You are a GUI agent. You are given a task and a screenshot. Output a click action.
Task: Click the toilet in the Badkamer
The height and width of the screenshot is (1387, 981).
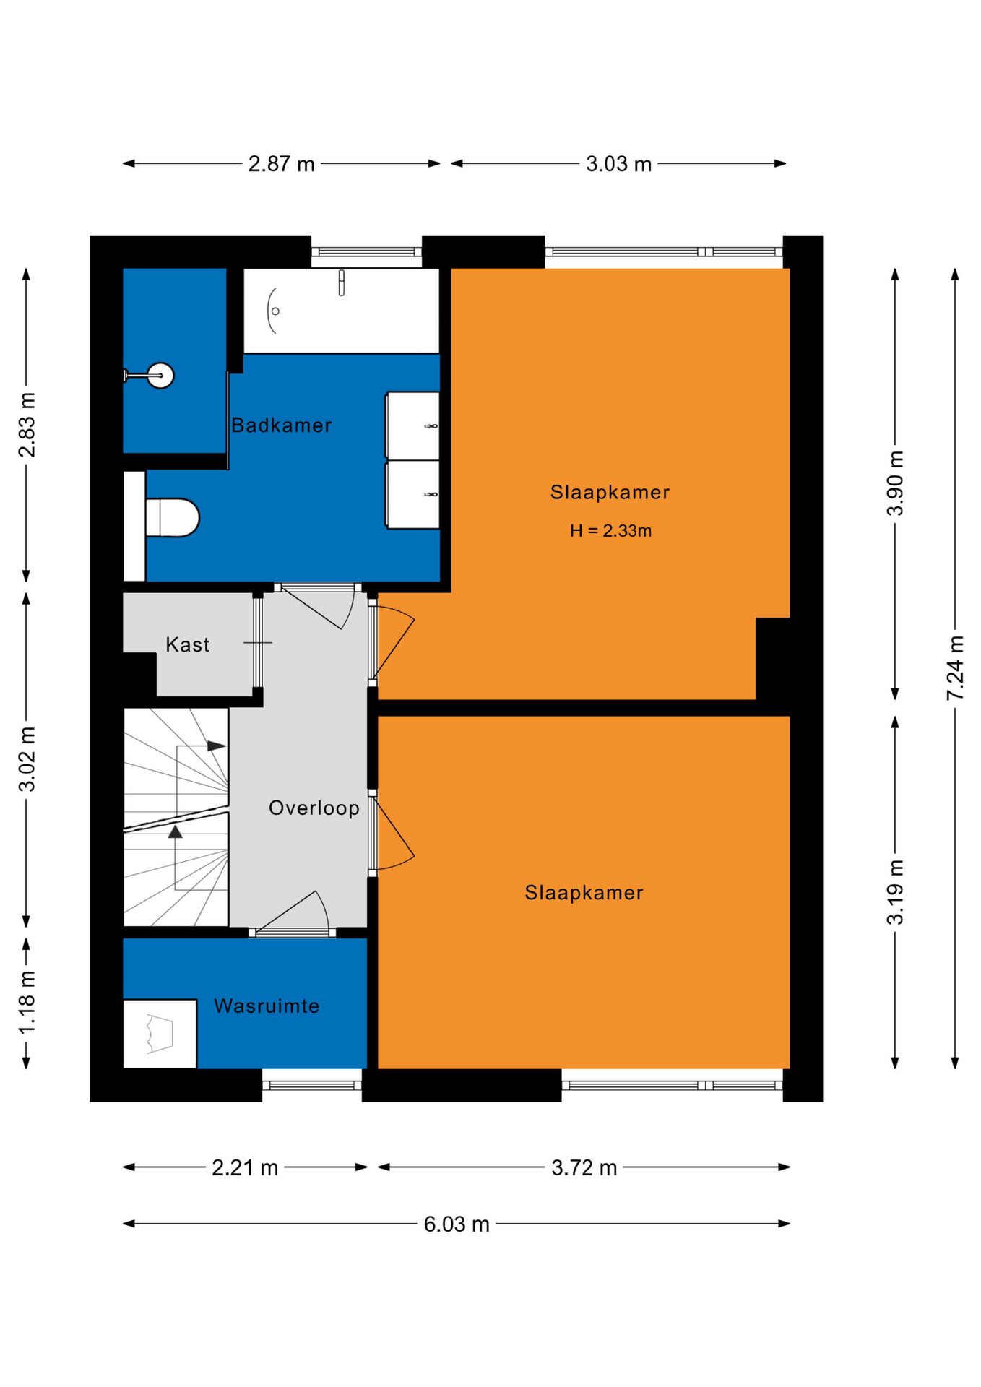pyautogui.click(x=172, y=517)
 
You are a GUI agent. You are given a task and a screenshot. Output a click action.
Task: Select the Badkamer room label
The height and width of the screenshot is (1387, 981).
pyautogui.click(x=281, y=425)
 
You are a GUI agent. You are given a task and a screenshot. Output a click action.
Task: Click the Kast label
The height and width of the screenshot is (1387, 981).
pyautogui.click(x=187, y=644)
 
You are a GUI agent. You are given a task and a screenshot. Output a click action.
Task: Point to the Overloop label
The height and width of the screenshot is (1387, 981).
pyautogui.click(x=314, y=808)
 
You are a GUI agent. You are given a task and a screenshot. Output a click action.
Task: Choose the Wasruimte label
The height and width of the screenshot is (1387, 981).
pyautogui.click(x=267, y=1006)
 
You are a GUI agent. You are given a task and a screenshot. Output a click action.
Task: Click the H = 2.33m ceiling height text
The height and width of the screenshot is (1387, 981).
pyautogui.click(x=610, y=531)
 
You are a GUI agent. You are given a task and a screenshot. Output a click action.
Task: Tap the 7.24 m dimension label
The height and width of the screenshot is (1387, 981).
pyautogui.click(x=955, y=667)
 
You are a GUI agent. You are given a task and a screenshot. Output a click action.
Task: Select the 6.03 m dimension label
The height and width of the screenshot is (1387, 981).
pyautogui.click(x=457, y=1224)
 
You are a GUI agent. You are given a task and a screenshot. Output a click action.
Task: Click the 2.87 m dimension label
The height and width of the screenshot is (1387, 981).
pyautogui.click(x=281, y=164)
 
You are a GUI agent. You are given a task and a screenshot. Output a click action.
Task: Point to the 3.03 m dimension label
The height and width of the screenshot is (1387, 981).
pyautogui.click(x=618, y=164)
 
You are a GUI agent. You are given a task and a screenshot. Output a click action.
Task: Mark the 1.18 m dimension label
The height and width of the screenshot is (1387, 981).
pyautogui.click(x=27, y=1003)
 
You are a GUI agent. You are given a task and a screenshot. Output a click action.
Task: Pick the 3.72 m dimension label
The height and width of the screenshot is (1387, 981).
pyautogui.click(x=584, y=1168)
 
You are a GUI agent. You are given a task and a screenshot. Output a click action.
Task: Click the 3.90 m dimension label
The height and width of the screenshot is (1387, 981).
pyautogui.click(x=895, y=483)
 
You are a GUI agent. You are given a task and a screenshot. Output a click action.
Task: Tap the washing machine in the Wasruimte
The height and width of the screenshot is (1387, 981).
pyautogui.click(x=160, y=1034)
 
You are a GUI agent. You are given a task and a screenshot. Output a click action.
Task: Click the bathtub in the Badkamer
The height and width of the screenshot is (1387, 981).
pyautogui.click(x=341, y=311)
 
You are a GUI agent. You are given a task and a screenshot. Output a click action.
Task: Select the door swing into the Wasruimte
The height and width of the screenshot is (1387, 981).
pyautogui.click(x=293, y=912)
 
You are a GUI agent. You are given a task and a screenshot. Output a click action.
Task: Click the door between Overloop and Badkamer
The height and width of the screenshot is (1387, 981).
pyautogui.click(x=317, y=605)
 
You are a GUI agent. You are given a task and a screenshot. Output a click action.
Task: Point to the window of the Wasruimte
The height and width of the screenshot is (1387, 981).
pyautogui.click(x=311, y=1085)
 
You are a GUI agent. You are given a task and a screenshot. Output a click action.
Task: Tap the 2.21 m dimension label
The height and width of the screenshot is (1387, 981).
pyautogui.click(x=245, y=1168)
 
